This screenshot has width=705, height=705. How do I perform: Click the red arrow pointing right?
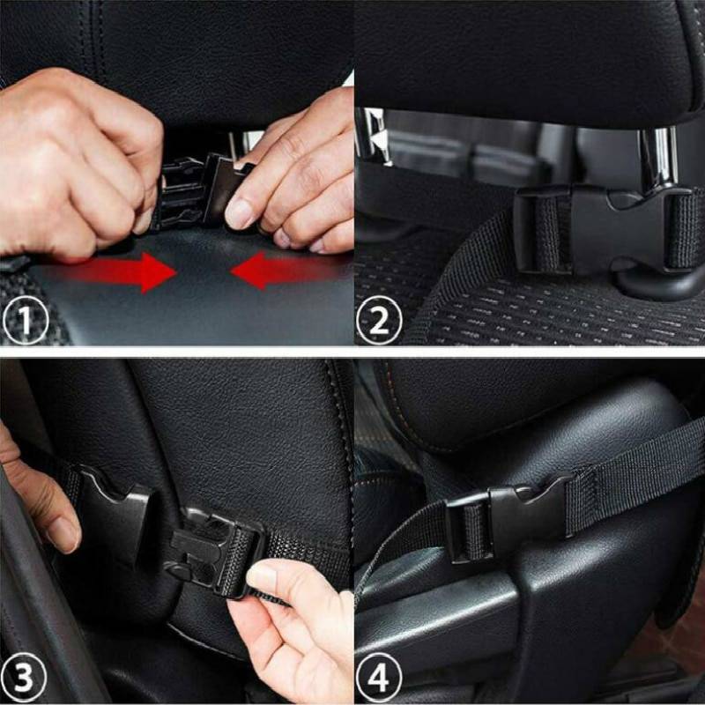coord(132,271)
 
